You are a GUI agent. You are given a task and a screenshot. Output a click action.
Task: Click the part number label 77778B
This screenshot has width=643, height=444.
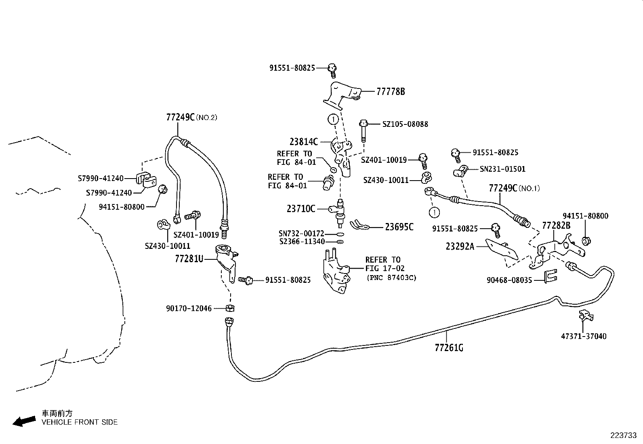tap(390, 92)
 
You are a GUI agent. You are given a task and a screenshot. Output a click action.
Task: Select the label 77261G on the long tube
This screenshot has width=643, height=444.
tap(449, 347)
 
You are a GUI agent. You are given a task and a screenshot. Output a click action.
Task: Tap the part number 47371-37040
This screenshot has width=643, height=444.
tap(583, 336)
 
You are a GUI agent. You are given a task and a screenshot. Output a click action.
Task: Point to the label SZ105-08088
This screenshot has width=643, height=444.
tap(405, 124)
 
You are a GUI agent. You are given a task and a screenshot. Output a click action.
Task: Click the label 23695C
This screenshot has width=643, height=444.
tap(399, 227)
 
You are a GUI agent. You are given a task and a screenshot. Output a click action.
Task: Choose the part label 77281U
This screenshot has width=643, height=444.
tap(189, 259)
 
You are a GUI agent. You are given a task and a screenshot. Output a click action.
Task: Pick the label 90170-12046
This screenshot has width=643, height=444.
tap(189, 308)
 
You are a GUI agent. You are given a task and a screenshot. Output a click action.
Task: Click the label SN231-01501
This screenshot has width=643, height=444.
tap(502, 169)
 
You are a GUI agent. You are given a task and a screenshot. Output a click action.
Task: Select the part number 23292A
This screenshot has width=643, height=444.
tap(460, 246)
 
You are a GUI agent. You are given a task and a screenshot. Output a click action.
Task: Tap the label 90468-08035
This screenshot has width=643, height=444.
tap(509, 280)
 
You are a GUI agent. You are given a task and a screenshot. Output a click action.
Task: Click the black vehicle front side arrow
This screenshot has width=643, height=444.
tap(24, 421)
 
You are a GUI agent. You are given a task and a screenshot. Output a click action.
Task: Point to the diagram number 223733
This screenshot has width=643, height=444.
tap(623, 435)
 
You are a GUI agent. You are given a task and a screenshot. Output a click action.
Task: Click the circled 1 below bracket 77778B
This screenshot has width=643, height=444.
tap(333, 119)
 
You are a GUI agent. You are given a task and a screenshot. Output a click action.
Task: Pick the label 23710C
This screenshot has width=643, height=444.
tap(301, 209)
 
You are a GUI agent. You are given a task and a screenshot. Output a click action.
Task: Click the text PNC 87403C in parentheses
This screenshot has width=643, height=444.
tap(391, 278)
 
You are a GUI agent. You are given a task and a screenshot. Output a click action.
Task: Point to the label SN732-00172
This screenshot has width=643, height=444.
tap(301, 234)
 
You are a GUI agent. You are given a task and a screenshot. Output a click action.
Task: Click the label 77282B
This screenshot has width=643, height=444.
tap(556, 225)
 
